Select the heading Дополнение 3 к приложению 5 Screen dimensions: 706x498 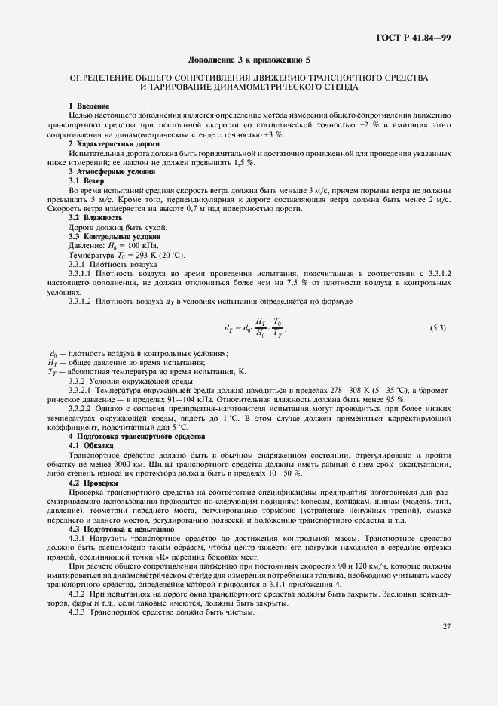249,59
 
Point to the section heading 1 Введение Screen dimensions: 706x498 89,105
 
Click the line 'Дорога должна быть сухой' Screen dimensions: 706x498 118,228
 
